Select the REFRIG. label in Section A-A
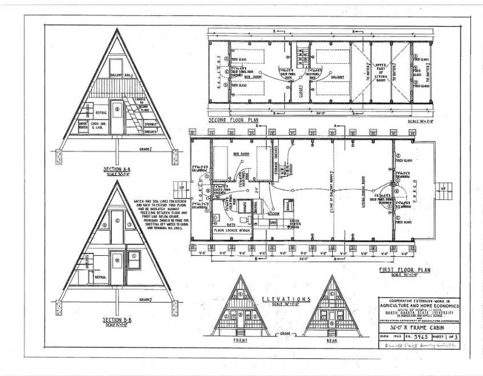pyautogui.click(x=100, y=112)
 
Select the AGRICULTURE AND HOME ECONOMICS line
pyautogui.click(x=417, y=307)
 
